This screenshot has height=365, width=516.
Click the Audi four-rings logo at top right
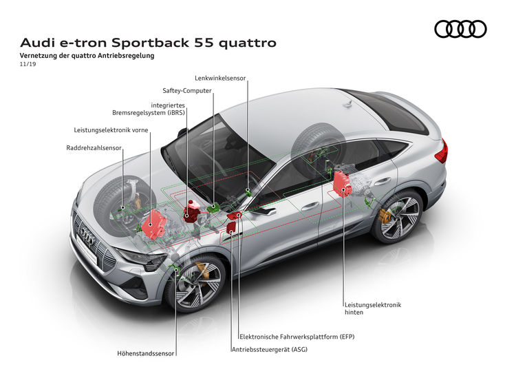[460, 29]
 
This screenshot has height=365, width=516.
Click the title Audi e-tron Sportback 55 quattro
[149, 43]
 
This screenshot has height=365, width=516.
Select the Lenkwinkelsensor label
[220, 79]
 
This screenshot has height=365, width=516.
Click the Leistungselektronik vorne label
[111, 129]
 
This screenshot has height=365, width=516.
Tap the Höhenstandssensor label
[146, 354]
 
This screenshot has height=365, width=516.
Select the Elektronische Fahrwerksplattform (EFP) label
[296, 337]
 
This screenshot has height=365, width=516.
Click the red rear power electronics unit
[342, 182]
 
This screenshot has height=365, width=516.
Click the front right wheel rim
[197, 282]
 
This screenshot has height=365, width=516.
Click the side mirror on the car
[265, 211]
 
